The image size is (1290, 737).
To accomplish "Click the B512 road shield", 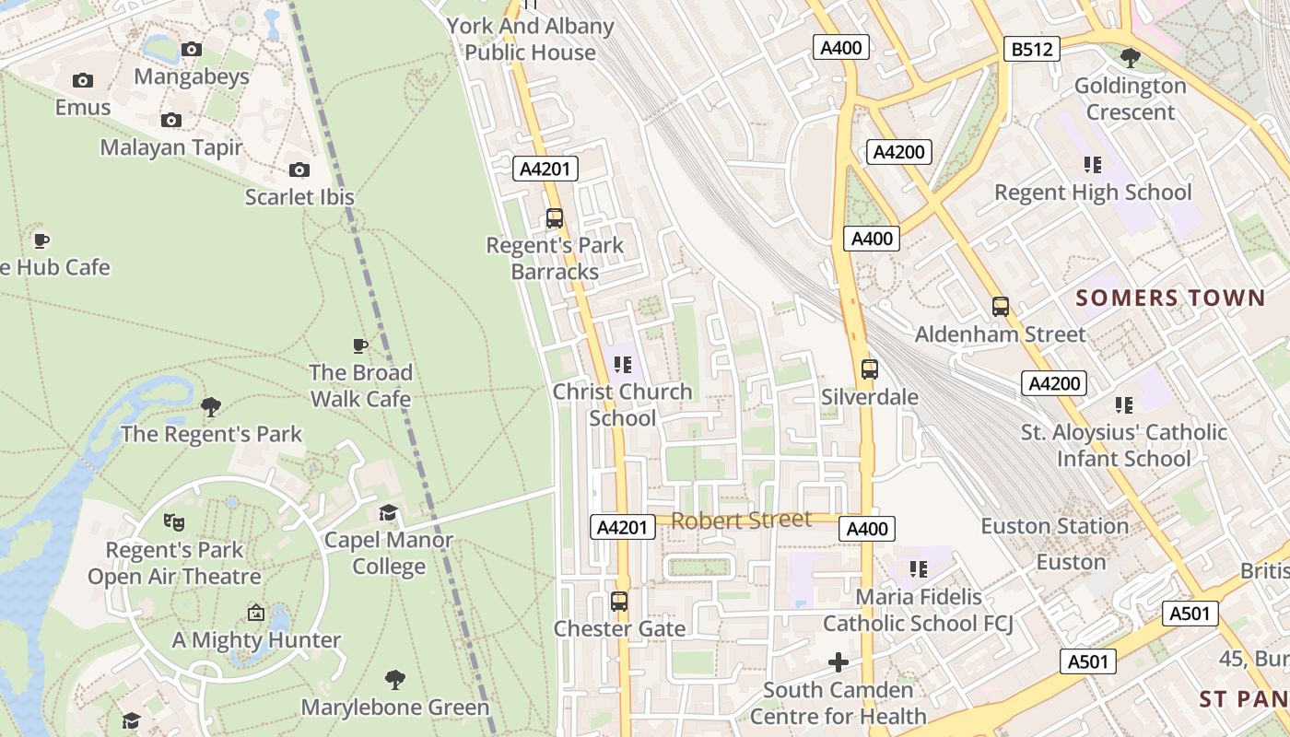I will pyautogui.click(x=1031, y=49).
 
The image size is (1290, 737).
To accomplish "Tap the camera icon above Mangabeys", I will pyautogui.click(x=192, y=49).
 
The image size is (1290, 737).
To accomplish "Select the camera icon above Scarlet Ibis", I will pyautogui.click(x=299, y=170).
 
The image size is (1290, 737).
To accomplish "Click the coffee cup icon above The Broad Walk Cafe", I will pyautogui.click(x=360, y=345).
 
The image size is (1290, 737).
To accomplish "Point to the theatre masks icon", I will pyautogui.click(x=173, y=522).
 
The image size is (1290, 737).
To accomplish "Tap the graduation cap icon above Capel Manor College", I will pyautogui.click(x=389, y=512).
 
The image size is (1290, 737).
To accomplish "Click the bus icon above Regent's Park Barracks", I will pyautogui.click(x=555, y=218).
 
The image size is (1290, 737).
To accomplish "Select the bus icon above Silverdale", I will pyautogui.click(x=869, y=369).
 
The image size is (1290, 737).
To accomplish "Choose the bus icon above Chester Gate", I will pyautogui.click(x=619, y=602).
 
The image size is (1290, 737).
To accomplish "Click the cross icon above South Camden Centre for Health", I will pyautogui.click(x=838, y=662).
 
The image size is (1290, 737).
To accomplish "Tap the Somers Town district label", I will pyautogui.click(x=1170, y=298).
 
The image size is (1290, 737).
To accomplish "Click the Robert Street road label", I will pyautogui.click(x=741, y=521).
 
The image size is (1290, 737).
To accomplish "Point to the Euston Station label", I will pyautogui.click(x=1054, y=526).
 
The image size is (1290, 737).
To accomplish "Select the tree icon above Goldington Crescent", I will pyautogui.click(x=1130, y=58).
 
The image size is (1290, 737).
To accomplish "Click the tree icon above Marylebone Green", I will pyautogui.click(x=395, y=680).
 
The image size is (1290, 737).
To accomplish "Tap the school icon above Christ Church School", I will pyautogui.click(x=623, y=365).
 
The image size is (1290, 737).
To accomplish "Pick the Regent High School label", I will pyautogui.click(x=1093, y=193).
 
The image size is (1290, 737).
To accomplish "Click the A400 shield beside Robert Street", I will pyautogui.click(x=867, y=529).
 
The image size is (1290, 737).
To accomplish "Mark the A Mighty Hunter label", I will pyautogui.click(x=256, y=639).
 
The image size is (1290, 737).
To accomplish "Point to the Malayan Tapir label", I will pyautogui.click(x=171, y=147).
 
